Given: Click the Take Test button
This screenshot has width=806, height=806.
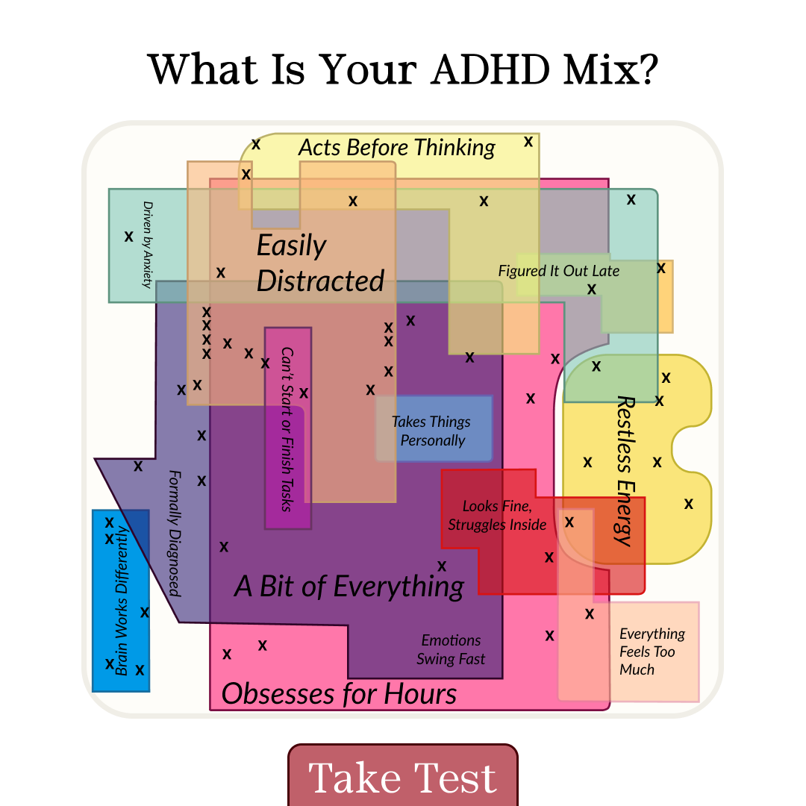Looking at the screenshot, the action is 403,775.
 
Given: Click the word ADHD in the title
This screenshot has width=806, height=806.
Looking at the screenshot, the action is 491,69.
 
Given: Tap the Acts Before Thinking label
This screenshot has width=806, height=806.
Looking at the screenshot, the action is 397,148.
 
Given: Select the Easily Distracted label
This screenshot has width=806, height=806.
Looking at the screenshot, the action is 320,263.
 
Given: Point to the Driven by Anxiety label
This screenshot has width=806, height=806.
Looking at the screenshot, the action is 148,245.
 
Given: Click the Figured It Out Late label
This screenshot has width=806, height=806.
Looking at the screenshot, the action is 559,271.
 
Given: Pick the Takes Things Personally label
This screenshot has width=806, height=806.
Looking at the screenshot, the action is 431,431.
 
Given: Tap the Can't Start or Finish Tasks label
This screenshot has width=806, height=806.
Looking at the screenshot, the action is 287,429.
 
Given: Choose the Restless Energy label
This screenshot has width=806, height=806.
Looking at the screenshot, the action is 625,471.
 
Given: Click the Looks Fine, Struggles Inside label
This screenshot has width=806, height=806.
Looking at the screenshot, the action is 497,515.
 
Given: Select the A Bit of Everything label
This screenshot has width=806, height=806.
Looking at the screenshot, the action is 349,587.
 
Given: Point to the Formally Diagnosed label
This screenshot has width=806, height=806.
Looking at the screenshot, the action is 175,533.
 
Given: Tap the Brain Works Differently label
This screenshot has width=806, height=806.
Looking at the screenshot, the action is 122,600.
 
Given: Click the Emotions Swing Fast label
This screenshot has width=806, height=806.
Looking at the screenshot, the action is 451,649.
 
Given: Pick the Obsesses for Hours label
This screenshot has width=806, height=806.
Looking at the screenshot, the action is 339,693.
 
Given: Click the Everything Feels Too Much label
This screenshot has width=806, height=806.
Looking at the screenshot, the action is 652,652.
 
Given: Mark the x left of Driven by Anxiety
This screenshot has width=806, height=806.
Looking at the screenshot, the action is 129,237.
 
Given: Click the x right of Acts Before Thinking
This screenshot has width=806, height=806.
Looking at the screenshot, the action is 528,141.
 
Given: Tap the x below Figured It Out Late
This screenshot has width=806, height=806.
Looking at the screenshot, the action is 592,289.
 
